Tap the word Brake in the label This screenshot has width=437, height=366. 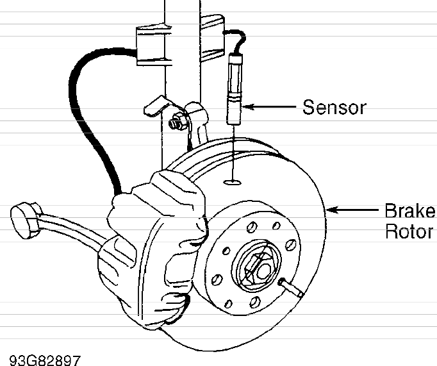click(409, 210)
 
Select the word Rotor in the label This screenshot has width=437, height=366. click(409, 231)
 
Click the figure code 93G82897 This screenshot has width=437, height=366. click(45, 360)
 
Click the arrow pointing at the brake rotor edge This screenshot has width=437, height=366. click(352, 210)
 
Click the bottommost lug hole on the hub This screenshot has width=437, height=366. click(254, 303)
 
